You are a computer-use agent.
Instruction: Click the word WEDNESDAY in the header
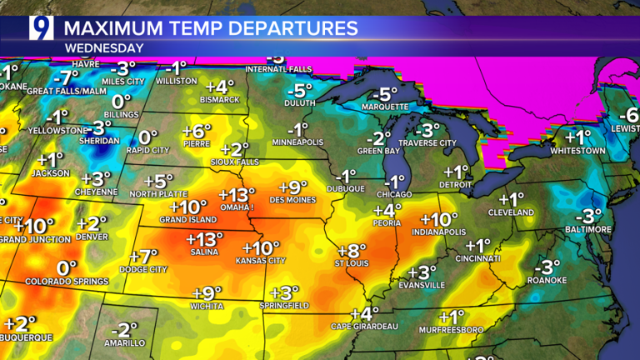[x=103, y=48]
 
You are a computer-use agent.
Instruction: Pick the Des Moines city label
[x=292, y=202]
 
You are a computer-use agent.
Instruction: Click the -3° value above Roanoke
[x=547, y=267]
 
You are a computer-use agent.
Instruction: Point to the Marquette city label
[x=385, y=107]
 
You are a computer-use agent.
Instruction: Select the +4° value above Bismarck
[x=220, y=86]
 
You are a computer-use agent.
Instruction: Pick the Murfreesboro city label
[x=451, y=331]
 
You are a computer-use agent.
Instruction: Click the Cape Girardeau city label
[x=363, y=326]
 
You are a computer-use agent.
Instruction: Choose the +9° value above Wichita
[x=207, y=292]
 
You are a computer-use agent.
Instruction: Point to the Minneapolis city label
[x=297, y=142]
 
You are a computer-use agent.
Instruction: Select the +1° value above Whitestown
[x=578, y=137]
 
